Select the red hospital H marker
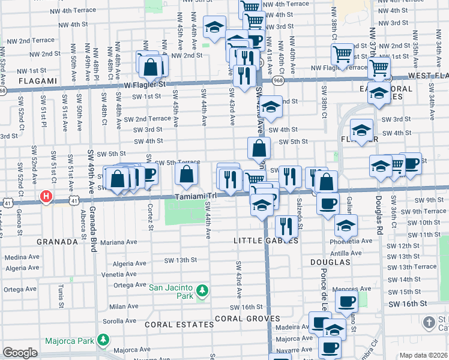coord(46,196)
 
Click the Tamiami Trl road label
coord(196,197)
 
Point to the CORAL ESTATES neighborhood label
coord(179,324)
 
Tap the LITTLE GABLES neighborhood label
coord(265,240)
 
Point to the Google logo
coord(20,353)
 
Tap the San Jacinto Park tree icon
coord(203,291)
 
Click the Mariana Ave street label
coord(119,243)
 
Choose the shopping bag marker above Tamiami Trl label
coord(187,175)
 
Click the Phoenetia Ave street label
coord(351,242)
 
